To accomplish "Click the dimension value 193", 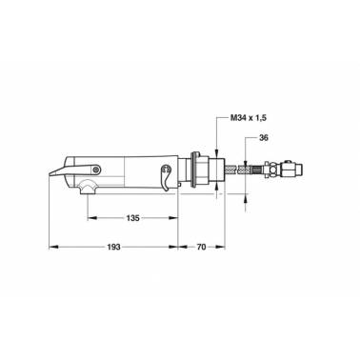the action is (x=114, y=247).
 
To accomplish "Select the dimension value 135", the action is (x=132, y=218).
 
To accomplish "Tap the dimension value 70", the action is (x=201, y=247).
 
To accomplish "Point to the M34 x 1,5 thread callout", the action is (x=248, y=118).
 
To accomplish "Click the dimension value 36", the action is (x=264, y=138).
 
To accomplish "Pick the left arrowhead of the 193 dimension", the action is (x=53, y=247).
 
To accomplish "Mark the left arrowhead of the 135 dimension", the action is (x=92, y=218).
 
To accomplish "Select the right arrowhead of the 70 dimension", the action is (x=220, y=247).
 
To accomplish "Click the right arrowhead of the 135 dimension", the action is (x=173, y=218).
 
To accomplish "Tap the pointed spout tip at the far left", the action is (x=50, y=175).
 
